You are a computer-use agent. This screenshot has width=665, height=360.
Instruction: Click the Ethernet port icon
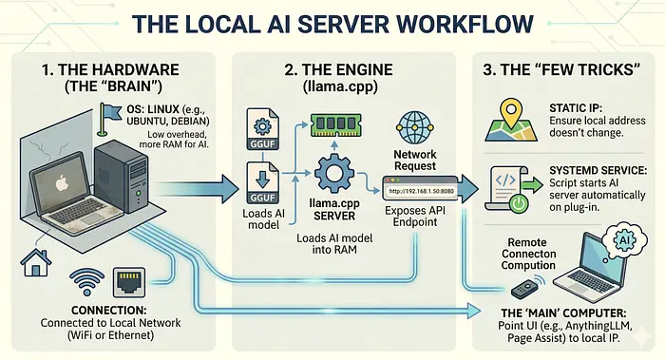pyautogui.click(x=130, y=282)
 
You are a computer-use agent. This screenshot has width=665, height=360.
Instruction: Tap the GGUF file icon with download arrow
pyautogui.click(x=261, y=180)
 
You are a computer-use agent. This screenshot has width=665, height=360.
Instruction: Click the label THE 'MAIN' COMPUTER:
pyautogui.click(x=562, y=311)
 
